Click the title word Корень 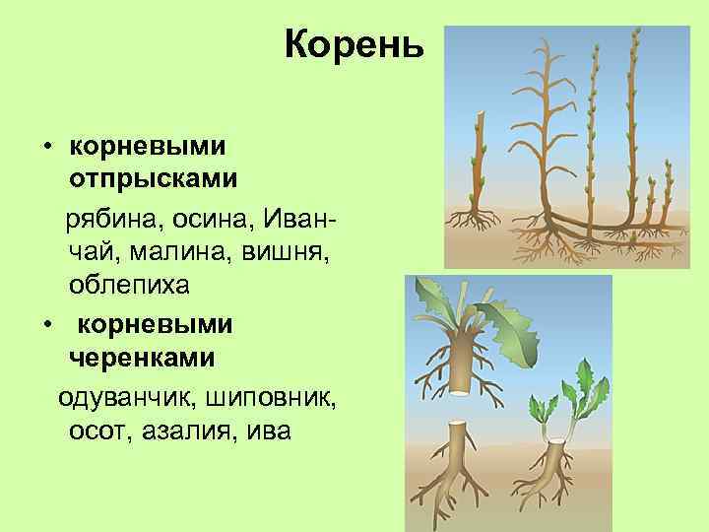(354, 44)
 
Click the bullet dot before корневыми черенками (46, 323)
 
